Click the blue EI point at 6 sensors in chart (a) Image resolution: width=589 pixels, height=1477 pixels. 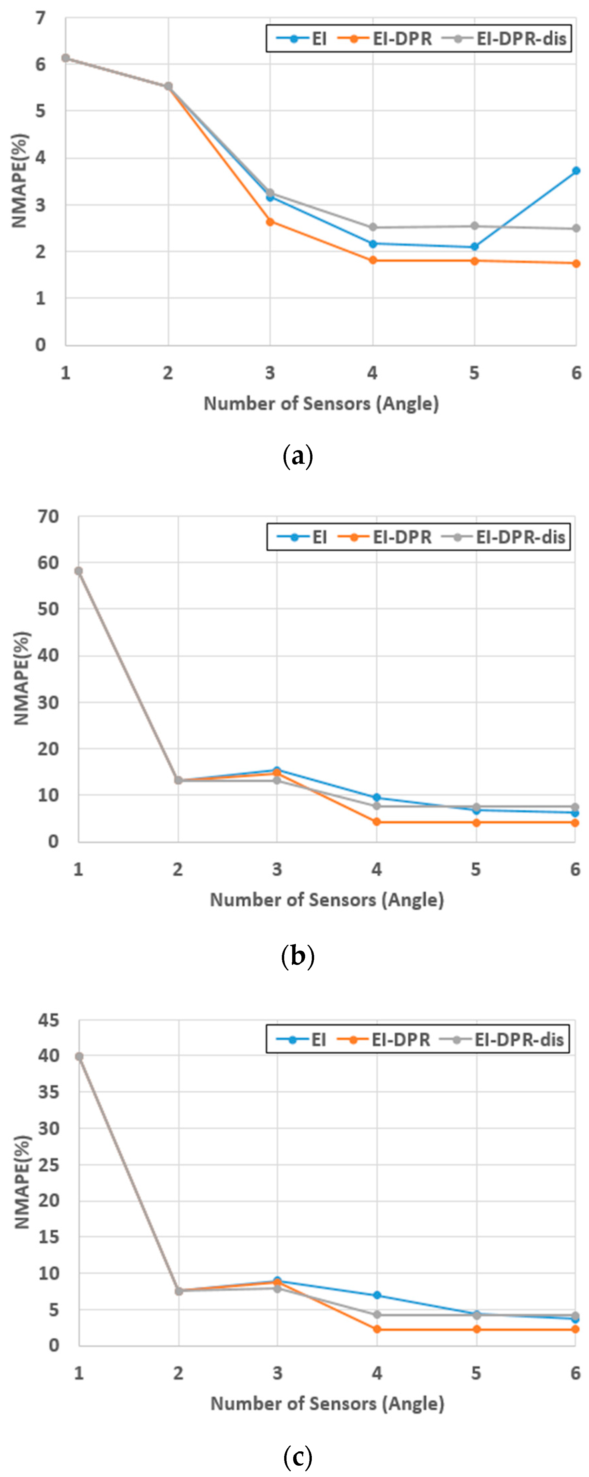(x=576, y=171)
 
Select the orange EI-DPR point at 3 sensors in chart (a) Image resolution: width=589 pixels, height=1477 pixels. (x=270, y=222)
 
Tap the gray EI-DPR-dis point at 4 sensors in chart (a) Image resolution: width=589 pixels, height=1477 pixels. (x=372, y=227)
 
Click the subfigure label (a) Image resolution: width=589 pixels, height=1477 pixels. (x=298, y=457)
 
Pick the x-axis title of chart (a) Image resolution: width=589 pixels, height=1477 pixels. (x=321, y=404)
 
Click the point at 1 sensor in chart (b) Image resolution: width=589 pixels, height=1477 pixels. (x=79, y=571)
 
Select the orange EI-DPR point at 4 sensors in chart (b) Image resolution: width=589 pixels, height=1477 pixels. (x=376, y=822)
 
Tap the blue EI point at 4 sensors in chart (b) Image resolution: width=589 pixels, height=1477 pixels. (x=376, y=797)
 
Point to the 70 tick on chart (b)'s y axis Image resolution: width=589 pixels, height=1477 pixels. (x=48, y=517)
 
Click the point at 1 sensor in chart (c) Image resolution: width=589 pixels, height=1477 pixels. (x=79, y=1057)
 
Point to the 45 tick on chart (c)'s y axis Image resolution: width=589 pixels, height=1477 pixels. (x=48, y=1020)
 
